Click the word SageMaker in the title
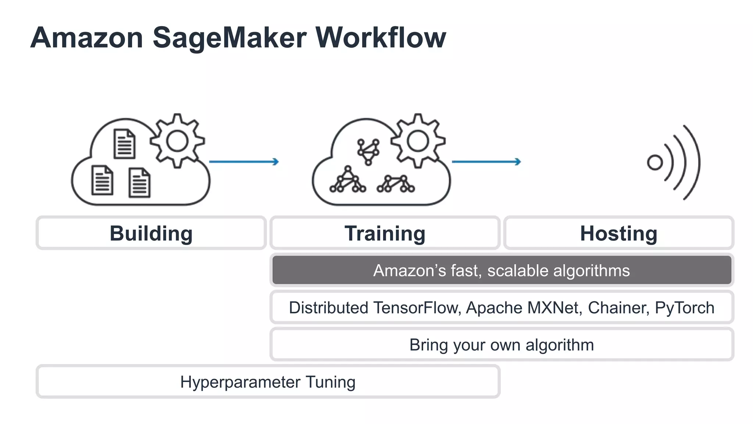click(229, 38)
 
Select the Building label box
click(151, 233)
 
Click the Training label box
click(385, 233)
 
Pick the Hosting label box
click(618, 233)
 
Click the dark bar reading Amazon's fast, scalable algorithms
click(502, 271)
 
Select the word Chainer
click(617, 308)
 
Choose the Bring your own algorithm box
click(502, 345)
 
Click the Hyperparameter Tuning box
click(268, 382)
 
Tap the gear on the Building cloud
click(177, 141)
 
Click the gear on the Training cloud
click(418, 141)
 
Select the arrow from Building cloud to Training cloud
click(244, 162)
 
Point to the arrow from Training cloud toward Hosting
click(486, 162)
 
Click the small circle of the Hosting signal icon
click(654, 162)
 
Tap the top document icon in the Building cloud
click(124, 144)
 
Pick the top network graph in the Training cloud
click(368, 151)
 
